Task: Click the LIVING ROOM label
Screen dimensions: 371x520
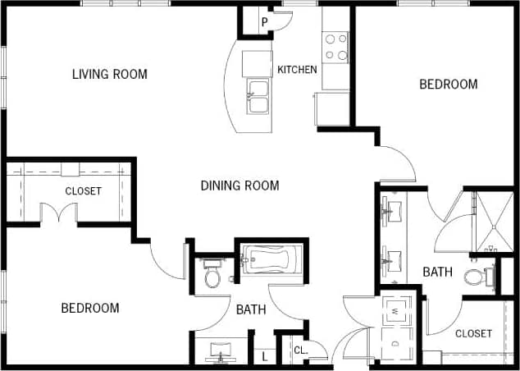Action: pyautogui.click(x=109, y=75)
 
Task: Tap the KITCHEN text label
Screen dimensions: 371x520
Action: pyautogui.click(x=297, y=70)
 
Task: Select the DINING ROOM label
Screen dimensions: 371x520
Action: pyautogui.click(x=239, y=185)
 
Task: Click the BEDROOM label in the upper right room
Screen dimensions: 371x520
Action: pyautogui.click(x=448, y=84)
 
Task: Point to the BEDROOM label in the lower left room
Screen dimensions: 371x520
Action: pyautogui.click(x=90, y=308)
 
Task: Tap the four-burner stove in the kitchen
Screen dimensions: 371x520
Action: pyautogui.click(x=335, y=47)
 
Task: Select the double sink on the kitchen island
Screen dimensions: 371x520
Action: pyautogui.click(x=258, y=96)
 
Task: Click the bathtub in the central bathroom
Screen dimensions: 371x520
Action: pyautogui.click(x=271, y=263)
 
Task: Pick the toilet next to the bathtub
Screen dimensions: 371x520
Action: pyautogui.click(x=212, y=274)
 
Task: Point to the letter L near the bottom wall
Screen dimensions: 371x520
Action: pyautogui.click(x=264, y=355)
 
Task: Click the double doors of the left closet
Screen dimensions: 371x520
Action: pyautogui.click(x=58, y=214)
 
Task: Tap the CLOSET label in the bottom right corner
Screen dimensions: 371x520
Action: pyautogui.click(x=473, y=333)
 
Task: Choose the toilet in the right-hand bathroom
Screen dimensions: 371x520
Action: pyautogui.click(x=475, y=277)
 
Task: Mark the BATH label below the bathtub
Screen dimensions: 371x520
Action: pyautogui.click(x=250, y=309)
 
